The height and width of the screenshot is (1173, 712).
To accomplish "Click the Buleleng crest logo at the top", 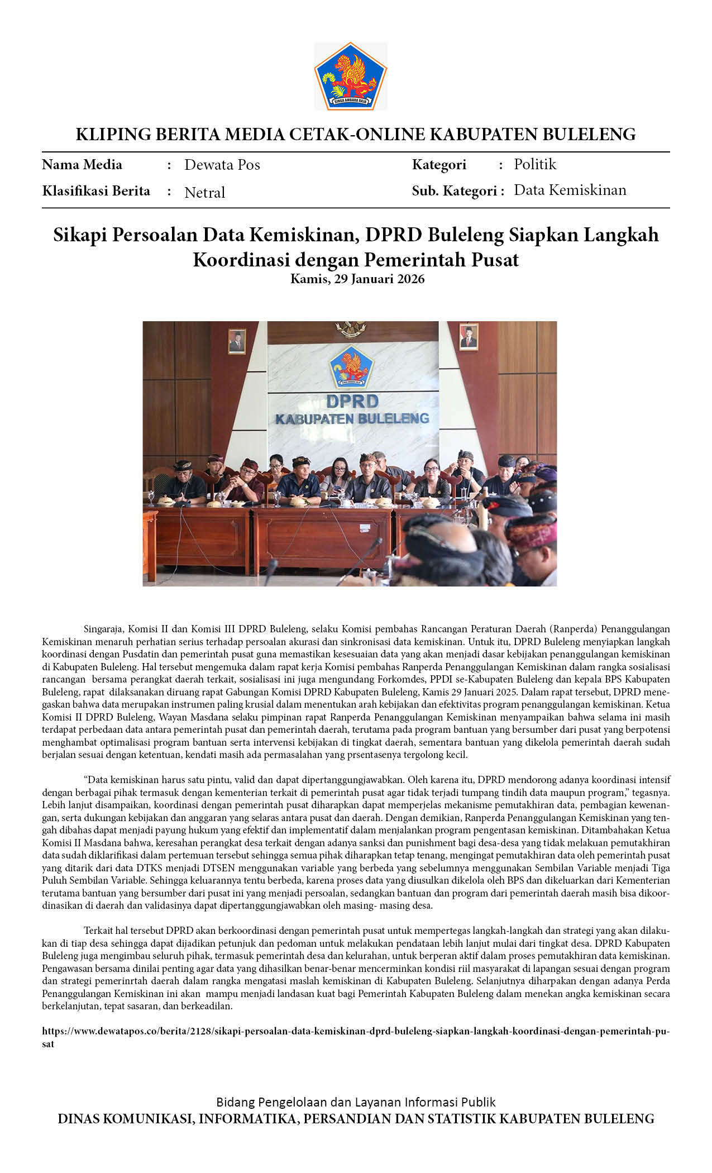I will pyautogui.click(x=351, y=76).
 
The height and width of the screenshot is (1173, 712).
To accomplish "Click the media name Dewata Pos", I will pyautogui.click(x=222, y=165).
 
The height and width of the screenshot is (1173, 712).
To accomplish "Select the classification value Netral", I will pyautogui.click(x=204, y=193).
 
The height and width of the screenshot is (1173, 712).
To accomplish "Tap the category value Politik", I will pyautogui.click(x=535, y=164).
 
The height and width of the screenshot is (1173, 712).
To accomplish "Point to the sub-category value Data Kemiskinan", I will pyautogui.click(x=570, y=190).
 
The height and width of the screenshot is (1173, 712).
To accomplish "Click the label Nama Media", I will pyautogui.click(x=82, y=165).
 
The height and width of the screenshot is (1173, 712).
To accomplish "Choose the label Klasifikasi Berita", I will pyautogui.click(x=96, y=191).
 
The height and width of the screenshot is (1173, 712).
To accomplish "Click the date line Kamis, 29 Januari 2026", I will pyautogui.click(x=357, y=279).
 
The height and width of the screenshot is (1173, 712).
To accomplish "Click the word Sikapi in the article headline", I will pyautogui.click(x=80, y=235).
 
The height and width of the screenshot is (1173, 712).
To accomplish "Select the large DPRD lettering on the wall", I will pyautogui.click(x=352, y=401).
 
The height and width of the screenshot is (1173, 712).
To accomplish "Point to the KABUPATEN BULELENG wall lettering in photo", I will pyautogui.click(x=352, y=419).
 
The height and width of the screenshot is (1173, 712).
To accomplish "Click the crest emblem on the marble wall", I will pyautogui.click(x=351, y=367).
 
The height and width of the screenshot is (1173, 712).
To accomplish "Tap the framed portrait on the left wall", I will pyautogui.click(x=237, y=341).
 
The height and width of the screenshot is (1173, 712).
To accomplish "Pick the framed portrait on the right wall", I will pyautogui.click(x=468, y=337).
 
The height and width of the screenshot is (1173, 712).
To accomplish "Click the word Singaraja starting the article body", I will pyautogui.click(x=104, y=630).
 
